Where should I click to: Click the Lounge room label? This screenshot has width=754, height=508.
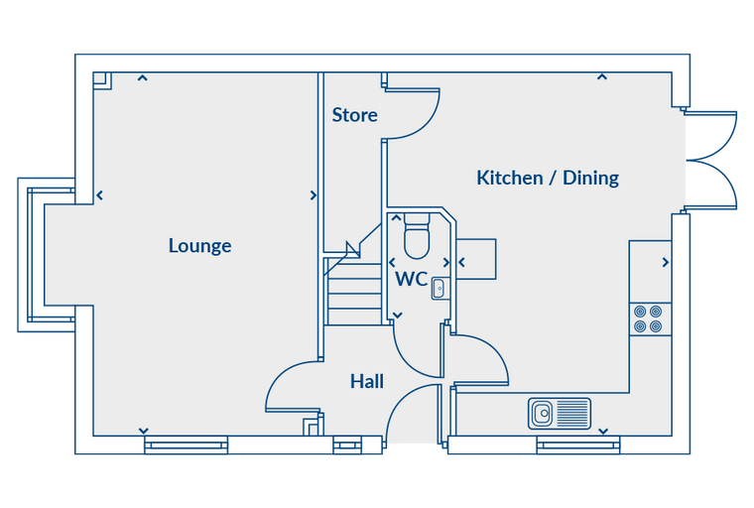click(199, 246)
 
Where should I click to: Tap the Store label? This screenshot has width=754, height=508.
click(354, 115)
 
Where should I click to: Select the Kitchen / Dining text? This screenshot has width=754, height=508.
click(548, 178)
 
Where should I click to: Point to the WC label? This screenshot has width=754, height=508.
click(411, 279)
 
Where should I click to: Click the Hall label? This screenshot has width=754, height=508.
click(367, 381)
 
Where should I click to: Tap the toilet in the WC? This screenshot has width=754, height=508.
click(417, 237)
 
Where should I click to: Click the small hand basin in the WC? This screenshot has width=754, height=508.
click(439, 289)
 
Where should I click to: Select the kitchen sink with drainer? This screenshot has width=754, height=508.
click(560, 413)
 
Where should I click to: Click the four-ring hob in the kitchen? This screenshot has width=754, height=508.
click(648, 318)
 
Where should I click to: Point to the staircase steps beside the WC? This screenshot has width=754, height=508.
click(354, 294)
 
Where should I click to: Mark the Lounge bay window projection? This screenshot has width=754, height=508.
click(47, 254)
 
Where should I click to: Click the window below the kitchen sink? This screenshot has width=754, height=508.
click(578, 445)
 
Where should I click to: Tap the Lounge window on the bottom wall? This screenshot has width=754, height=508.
click(187, 445)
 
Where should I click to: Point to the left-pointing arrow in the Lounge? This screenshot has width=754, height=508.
click(99, 195)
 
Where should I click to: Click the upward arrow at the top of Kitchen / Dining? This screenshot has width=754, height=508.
click(601, 76)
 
